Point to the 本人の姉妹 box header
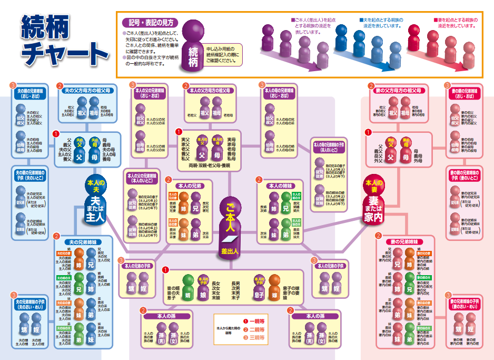pos(279,186)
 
